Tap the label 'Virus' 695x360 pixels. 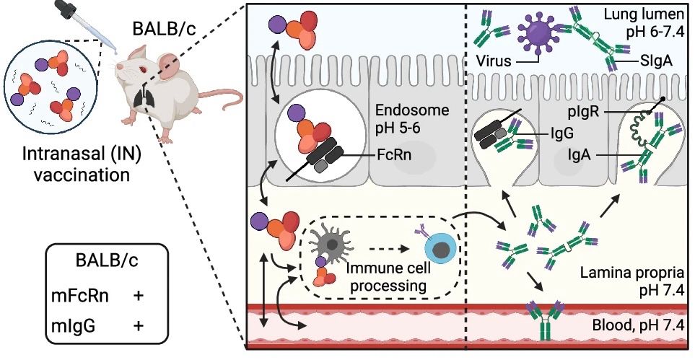(494, 63)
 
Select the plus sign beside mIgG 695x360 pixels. (137, 327)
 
